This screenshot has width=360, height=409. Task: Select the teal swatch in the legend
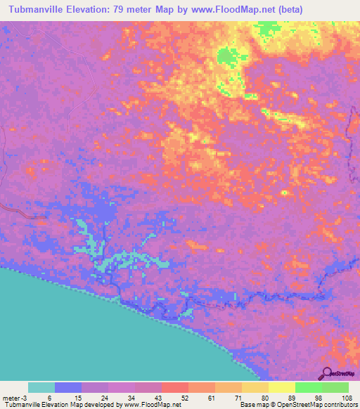[41, 387]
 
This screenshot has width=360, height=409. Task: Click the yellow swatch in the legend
[281, 387]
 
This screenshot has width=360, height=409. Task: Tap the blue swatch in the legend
[68, 387]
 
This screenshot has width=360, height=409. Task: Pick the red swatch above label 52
[174, 387]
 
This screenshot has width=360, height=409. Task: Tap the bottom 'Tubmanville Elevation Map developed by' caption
[63, 405]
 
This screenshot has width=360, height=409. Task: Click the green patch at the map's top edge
[266, 29]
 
